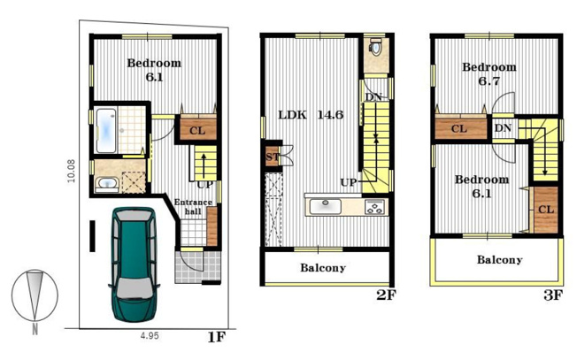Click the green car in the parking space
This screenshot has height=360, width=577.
point(134,264)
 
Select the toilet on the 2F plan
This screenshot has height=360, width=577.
point(375,46)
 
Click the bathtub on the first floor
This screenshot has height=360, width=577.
point(106,131)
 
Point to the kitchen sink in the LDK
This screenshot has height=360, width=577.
point(326,206)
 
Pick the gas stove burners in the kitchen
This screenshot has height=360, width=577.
point(375,207)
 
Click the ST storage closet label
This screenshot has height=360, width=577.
point(273,157)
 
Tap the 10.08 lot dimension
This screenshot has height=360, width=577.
point(71,171)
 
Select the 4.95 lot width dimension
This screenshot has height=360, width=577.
point(150,336)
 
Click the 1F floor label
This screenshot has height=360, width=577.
point(216,337)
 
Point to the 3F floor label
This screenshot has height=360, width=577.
point(553,295)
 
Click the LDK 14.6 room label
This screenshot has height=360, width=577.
point(311,115)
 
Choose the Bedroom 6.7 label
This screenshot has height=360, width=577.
point(489,74)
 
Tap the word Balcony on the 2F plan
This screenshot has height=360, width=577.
point(323,268)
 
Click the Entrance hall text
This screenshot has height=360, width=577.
point(193,207)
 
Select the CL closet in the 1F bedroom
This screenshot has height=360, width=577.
point(197,129)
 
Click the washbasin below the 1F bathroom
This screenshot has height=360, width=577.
point(107,184)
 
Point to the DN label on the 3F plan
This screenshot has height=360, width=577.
point(503,128)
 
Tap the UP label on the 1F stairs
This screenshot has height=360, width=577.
point(204,185)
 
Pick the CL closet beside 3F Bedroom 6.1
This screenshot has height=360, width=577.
point(546,210)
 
